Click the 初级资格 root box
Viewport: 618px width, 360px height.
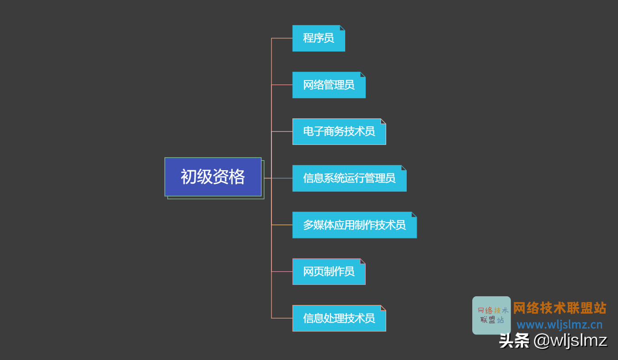pyautogui.click(x=213, y=177)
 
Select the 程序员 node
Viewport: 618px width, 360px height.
pyautogui.click(x=318, y=38)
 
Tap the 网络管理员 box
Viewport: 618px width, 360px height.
pyautogui.click(x=328, y=85)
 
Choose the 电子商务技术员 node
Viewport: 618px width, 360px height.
pyautogui.click(x=339, y=132)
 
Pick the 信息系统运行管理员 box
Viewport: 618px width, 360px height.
pyautogui.click(x=349, y=178)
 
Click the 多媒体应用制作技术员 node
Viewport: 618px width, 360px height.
pyautogui.click(x=354, y=225)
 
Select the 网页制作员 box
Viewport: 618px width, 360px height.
pyautogui.click(x=328, y=272)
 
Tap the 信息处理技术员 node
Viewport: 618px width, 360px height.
pyautogui.click(x=339, y=318)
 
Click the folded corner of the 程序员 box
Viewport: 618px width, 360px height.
pyautogui.click(x=342, y=28)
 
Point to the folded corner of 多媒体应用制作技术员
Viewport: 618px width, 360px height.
pyautogui.click(x=414, y=214)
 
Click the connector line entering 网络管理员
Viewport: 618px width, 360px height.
pyautogui.click(x=282, y=85)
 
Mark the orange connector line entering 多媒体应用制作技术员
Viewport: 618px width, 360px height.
pyautogui.click(x=282, y=225)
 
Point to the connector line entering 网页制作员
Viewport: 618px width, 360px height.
pyautogui.click(x=282, y=272)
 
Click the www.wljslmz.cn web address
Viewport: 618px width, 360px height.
pyautogui.click(x=559, y=325)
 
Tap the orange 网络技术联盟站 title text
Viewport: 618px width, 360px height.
pyautogui.click(x=560, y=308)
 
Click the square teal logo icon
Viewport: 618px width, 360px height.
pyautogui.click(x=491, y=315)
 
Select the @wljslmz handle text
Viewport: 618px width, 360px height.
pyautogui.click(x=570, y=340)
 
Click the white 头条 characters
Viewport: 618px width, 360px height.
pyautogui.click(x=514, y=340)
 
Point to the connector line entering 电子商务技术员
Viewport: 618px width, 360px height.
pyautogui.click(x=282, y=132)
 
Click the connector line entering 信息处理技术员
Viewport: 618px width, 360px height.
pyautogui.click(x=282, y=318)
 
